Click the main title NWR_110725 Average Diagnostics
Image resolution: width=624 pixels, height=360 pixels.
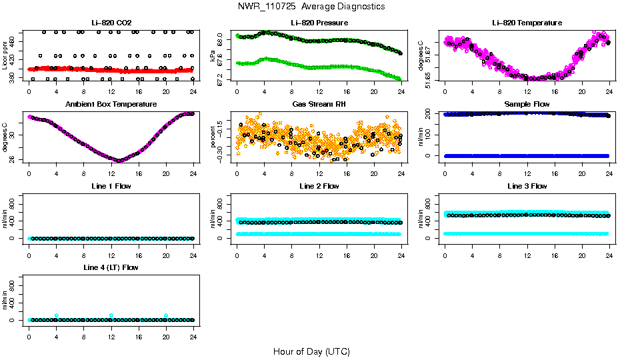(x=311, y=7)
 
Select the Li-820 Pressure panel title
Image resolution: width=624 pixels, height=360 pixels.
(x=319, y=23)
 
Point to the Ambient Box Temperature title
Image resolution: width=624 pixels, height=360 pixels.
(x=111, y=105)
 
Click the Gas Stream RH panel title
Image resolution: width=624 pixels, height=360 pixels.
(x=319, y=105)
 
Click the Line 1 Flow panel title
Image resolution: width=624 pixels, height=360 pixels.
(x=111, y=186)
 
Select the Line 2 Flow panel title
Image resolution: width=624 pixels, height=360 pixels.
(x=319, y=186)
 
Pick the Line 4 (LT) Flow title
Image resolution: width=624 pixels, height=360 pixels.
(x=111, y=267)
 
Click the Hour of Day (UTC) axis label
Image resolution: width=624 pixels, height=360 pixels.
(x=311, y=351)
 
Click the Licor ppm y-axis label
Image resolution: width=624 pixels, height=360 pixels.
(x=5, y=55)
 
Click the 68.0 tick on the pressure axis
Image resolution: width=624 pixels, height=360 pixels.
(x=221, y=41)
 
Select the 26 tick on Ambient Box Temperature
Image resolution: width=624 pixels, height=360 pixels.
(x=13, y=159)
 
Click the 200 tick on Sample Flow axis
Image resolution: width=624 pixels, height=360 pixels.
(x=429, y=114)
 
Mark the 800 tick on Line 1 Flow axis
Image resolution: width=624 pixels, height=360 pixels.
(x=13, y=204)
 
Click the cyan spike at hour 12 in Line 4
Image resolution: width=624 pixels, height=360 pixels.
(x=111, y=315)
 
